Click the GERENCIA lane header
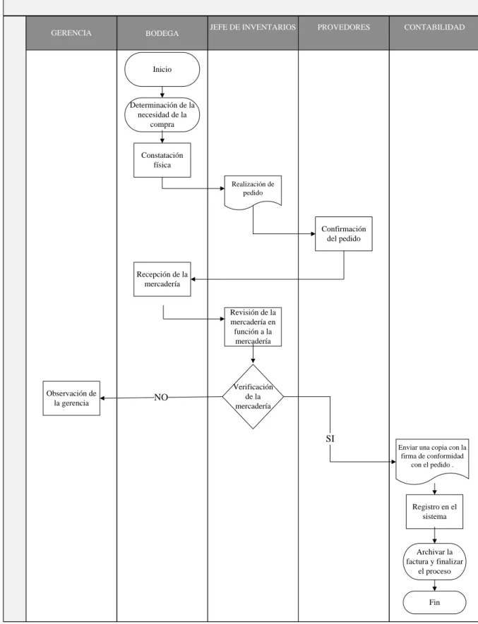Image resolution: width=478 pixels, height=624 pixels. (x=71, y=33)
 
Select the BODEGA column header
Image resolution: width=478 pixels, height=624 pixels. (x=162, y=33)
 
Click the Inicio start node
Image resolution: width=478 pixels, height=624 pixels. (x=162, y=69)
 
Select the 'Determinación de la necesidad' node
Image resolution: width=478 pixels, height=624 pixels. (x=162, y=115)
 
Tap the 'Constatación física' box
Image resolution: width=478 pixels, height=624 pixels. (x=162, y=160)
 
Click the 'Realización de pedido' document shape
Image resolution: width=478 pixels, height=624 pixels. (x=253, y=191)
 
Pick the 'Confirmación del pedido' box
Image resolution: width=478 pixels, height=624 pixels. (x=344, y=233)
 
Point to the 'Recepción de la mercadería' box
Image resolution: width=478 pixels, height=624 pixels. (x=162, y=279)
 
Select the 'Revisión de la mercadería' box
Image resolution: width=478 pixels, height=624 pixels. (x=253, y=326)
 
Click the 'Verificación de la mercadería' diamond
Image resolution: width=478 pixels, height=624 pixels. (x=253, y=396)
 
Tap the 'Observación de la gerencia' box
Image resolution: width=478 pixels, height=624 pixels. (x=71, y=398)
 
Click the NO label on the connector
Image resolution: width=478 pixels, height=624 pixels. (x=161, y=397)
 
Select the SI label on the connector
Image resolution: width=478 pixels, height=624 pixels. (x=330, y=439)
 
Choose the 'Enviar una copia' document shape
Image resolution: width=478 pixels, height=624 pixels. (x=432, y=461)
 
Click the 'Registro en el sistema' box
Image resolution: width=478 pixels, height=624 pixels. (x=434, y=511)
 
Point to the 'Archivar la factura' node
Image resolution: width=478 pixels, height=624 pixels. (x=434, y=561)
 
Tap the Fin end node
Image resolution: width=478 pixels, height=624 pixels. (x=434, y=603)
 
